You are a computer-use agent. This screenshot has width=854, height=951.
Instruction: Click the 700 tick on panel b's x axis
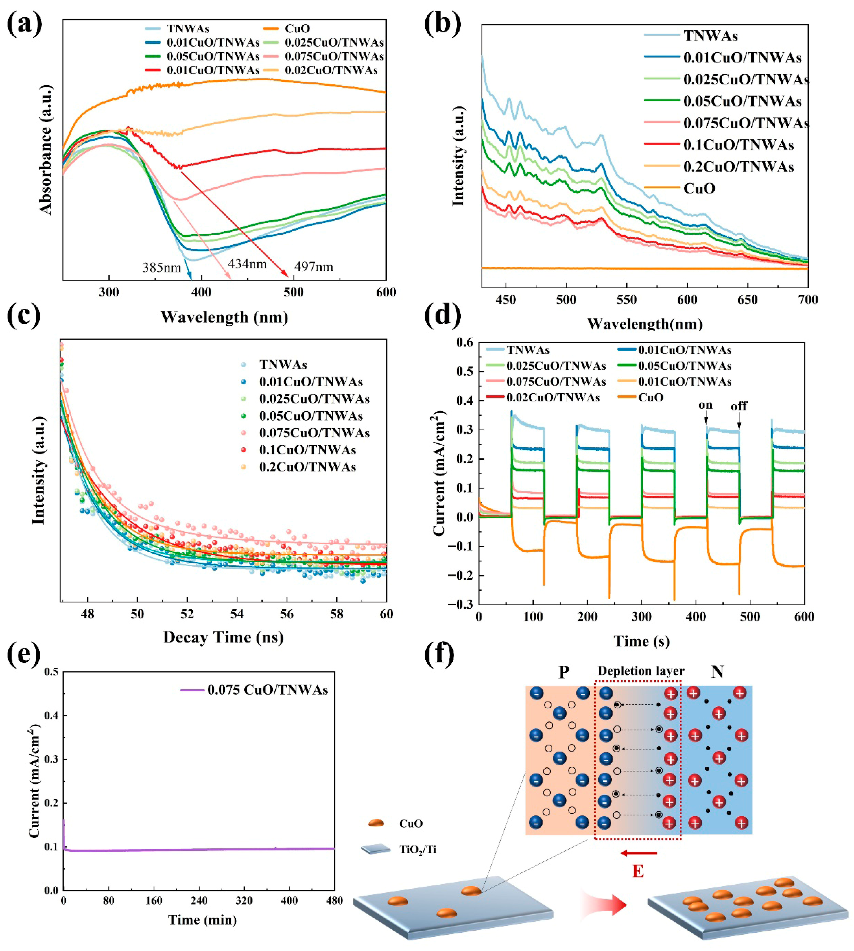pos(808,300)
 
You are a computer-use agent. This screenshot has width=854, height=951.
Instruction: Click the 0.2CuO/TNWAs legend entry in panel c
pos(307,467)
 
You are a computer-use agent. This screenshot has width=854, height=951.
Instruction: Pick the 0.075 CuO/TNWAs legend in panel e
pos(268,690)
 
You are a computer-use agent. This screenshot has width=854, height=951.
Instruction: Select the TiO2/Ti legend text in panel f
pos(418,850)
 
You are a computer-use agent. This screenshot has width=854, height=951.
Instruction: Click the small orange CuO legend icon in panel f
pos(376,823)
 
